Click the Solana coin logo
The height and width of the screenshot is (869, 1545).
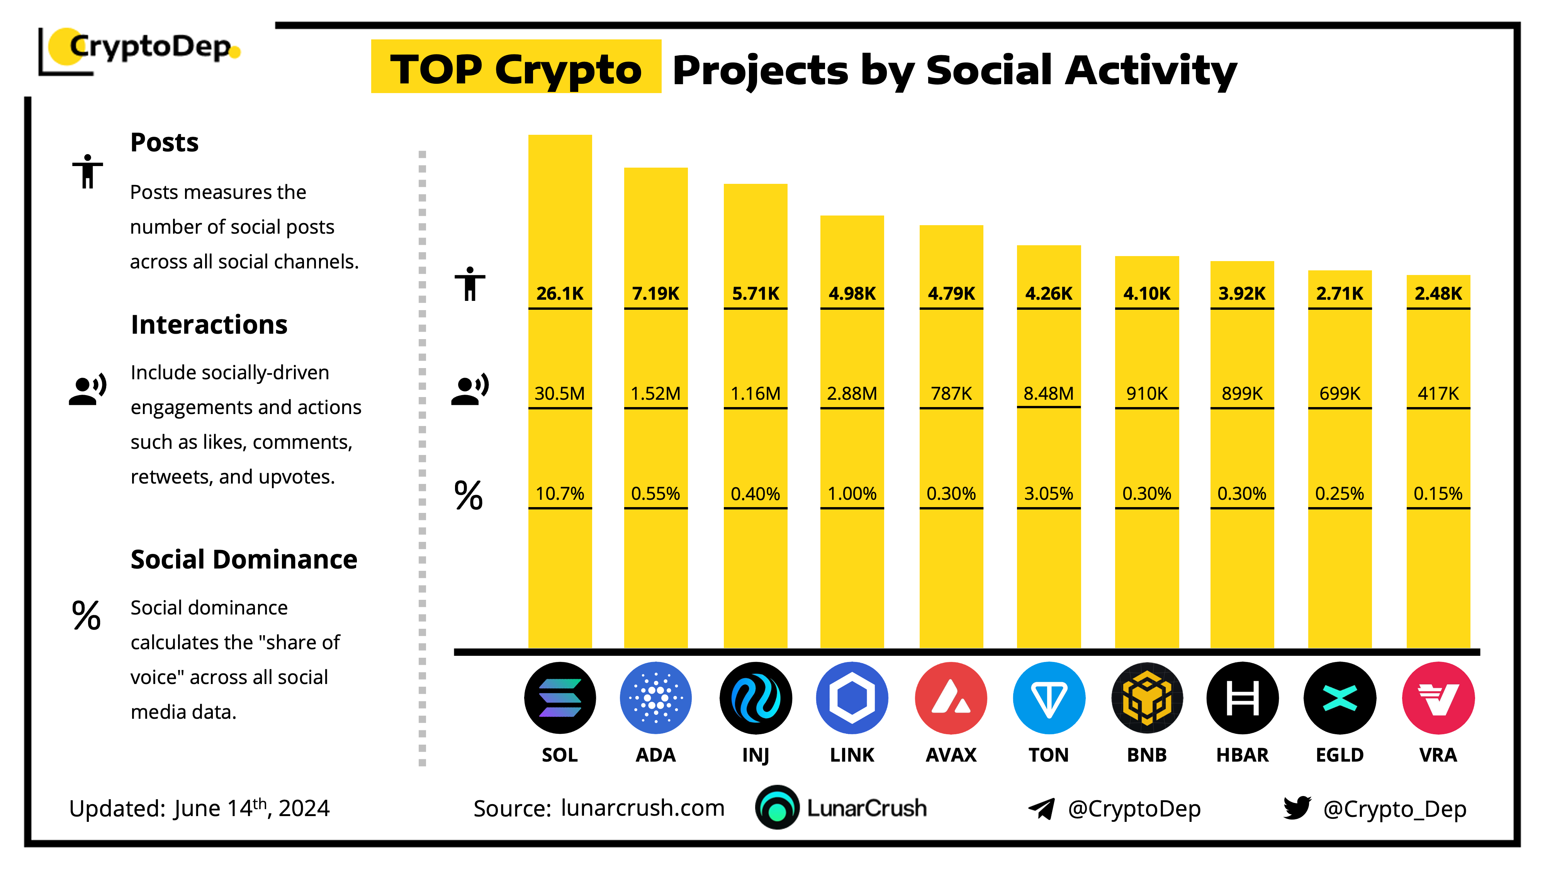point(560,698)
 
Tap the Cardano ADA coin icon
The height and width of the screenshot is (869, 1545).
point(655,698)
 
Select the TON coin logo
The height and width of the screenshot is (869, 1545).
point(1048,698)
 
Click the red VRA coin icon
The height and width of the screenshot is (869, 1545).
point(1438,698)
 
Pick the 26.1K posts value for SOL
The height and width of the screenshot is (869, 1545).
point(560,293)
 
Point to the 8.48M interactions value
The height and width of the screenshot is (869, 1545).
point(1048,394)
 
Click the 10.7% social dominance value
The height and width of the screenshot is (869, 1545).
point(560,494)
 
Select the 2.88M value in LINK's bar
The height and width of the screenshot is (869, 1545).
point(852,394)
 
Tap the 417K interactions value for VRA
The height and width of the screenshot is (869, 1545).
point(1438,394)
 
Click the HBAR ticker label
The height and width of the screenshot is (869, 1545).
point(1242,754)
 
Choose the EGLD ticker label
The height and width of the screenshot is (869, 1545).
point(1339,754)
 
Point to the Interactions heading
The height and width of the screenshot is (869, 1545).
point(209,324)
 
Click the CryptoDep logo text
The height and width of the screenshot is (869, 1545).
point(150,47)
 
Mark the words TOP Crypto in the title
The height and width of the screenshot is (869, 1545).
point(516,69)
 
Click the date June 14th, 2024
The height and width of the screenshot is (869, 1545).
point(252,808)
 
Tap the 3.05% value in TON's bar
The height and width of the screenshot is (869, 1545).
point(1048,494)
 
